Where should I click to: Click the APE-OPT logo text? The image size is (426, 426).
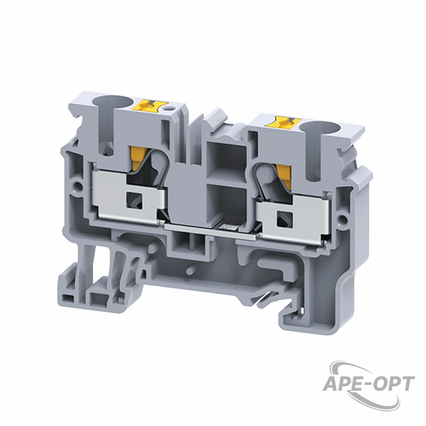368,383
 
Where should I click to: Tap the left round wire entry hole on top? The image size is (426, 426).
114,102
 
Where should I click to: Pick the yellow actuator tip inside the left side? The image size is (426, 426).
138,158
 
